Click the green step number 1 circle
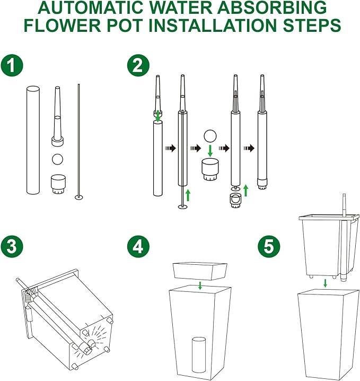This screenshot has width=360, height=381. (12, 66)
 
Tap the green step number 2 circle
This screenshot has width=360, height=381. (138, 65)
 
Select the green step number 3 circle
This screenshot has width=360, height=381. (12, 246)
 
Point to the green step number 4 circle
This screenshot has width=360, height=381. (138, 247)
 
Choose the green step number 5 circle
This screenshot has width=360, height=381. (269, 247)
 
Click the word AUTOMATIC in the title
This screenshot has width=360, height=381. (92, 7)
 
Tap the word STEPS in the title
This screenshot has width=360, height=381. (312, 25)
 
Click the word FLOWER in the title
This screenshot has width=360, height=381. (63, 25)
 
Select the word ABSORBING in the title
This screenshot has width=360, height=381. (272, 7)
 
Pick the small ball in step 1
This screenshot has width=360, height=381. (58, 159)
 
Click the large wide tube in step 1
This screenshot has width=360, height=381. (33, 141)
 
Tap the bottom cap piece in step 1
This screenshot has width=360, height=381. (58, 184)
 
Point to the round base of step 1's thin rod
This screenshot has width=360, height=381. (79, 197)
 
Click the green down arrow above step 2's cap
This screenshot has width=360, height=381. (210, 151)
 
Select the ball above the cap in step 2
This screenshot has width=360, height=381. (210, 136)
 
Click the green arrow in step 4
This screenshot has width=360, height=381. (200, 285)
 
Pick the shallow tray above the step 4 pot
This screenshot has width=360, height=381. (200, 271)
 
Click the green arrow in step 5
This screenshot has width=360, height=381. (326, 283)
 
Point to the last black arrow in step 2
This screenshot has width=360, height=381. (249, 148)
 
